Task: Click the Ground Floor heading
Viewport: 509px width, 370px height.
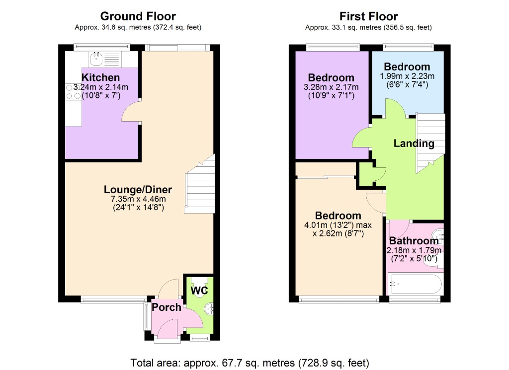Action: pyautogui.click(x=138, y=17)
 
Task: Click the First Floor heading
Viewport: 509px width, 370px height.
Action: pyautogui.click(x=368, y=17)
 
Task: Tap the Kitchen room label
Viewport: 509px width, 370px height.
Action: pyautogui.click(x=101, y=77)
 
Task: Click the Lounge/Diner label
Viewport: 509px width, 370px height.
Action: pyautogui.click(x=138, y=189)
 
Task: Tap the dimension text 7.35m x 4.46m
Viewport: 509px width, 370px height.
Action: pyautogui.click(x=138, y=199)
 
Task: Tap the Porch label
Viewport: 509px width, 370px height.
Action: pyautogui.click(x=166, y=307)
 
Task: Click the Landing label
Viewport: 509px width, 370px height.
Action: pyautogui.click(x=414, y=144)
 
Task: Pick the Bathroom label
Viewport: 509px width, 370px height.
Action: pyautogui.click(x=414, y=241)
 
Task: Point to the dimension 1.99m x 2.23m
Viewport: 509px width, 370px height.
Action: pyautogui.click(x=407, y=76)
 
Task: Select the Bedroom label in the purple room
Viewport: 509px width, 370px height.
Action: pyautogui.click(x=331, y=77)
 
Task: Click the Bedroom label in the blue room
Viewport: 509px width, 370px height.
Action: pyautogui.click(x=407, y=67)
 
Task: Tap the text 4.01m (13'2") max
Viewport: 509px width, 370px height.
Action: pyautogui.click(x=338, y=225)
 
